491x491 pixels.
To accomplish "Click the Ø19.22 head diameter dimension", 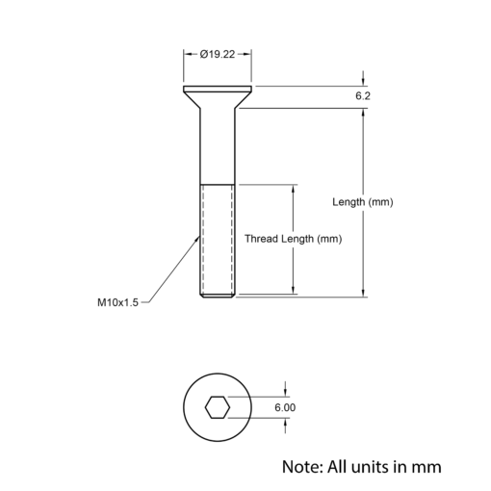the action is tap(218, 54).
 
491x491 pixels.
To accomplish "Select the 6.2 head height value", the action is tap(363, 96).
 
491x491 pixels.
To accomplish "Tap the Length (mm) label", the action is tap(363, 202).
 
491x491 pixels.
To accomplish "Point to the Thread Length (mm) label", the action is tap(294, 239).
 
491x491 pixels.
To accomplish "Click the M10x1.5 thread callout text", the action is tap(117, 302).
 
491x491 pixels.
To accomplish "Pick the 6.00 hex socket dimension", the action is tap(285, 407).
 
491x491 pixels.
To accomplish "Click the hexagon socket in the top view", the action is tap(218, 407).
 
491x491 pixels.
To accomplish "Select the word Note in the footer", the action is tap(302, 467).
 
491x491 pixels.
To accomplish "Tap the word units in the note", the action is tap(374, 467).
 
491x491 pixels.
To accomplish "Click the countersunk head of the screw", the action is tap(218, 96).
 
